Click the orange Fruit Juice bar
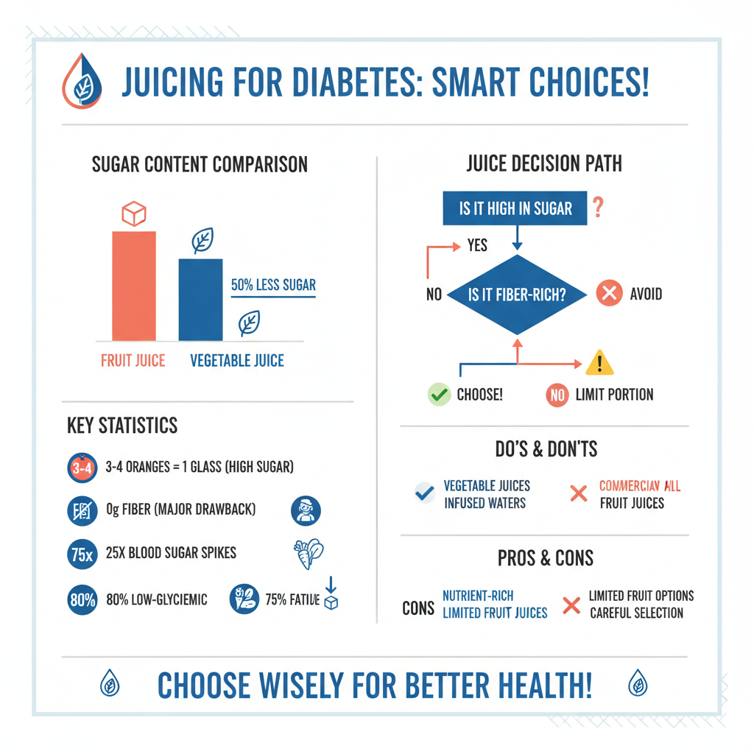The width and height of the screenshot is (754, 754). point(133,286)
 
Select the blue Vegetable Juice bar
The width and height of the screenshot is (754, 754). point(200,300)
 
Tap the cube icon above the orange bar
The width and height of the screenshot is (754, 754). point(133,214)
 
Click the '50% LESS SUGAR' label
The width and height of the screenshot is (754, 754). point(273,285)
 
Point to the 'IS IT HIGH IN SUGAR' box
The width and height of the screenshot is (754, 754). point(515,208)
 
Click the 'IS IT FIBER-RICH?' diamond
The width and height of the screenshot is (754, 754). point(517,295)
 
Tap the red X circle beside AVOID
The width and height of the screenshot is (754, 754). point(609,295)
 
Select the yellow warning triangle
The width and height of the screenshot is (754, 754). point(599,363)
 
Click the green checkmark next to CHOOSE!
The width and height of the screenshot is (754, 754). point(439,395)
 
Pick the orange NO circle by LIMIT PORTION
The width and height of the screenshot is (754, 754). point(557,395)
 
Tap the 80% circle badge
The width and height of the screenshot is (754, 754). point(82,599)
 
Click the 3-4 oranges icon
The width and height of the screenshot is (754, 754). point(82,468)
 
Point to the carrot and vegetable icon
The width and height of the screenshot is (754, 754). point(308,554)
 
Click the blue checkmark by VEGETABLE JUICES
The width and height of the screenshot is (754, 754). point(424,493)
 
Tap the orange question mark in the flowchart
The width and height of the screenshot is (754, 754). point(598,208)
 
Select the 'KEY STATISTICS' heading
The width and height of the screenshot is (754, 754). point(121,426)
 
